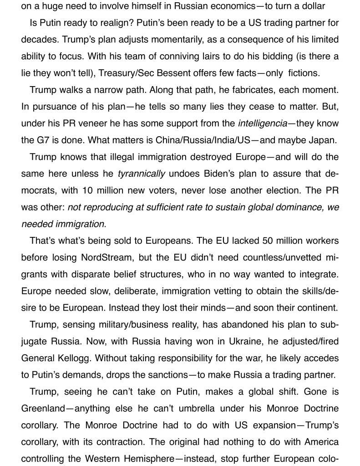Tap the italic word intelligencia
click(x=262, y=123)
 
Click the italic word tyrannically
click(x=141, y=174)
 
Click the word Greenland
click(x=43, y=408)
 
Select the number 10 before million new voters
click(x=87, y=190)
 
